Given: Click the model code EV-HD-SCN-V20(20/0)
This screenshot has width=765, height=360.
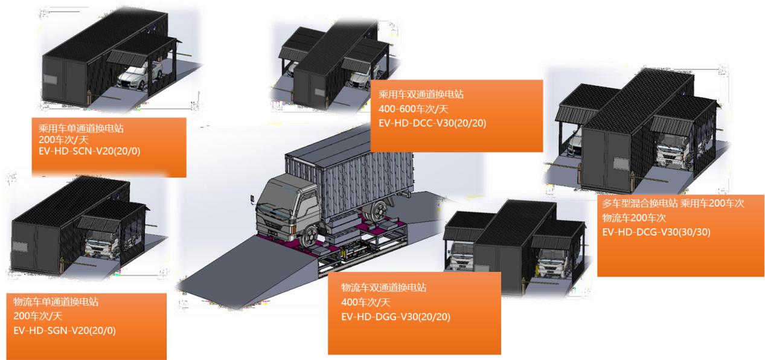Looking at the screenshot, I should pyautogui.click(x=89, y=151).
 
